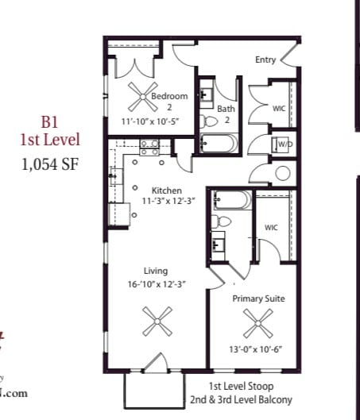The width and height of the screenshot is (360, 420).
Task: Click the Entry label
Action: (265, 60)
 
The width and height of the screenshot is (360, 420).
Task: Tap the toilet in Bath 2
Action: (209, 121)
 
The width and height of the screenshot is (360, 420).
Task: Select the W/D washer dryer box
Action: (284, 144)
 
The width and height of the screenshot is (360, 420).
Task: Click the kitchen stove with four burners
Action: (149, 146)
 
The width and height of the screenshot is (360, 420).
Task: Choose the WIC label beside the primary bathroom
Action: (272, 228)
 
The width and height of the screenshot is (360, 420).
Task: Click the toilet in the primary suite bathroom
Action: (220, 221)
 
